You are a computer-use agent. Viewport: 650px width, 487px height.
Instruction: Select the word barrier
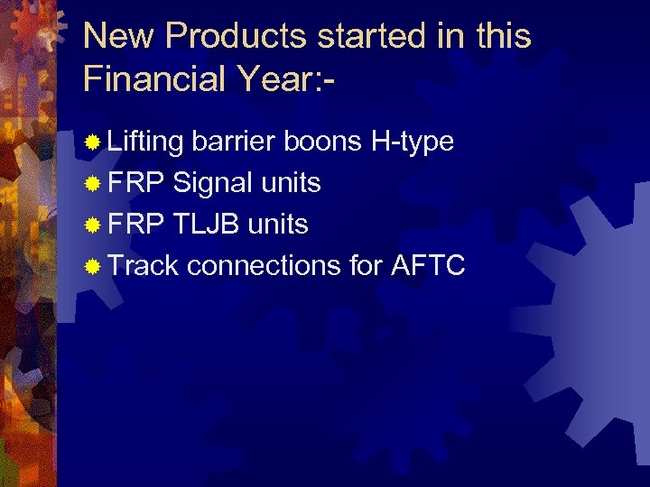coord(234,142)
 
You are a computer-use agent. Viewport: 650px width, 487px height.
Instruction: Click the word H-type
coord(412,142)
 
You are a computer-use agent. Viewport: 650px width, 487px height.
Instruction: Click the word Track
coord(144,265)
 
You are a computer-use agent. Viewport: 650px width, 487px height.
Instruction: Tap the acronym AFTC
coord(428,265)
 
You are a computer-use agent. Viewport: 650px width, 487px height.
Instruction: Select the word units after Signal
coord(291,183)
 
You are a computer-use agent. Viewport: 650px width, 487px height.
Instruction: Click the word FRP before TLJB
coord(136,224)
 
